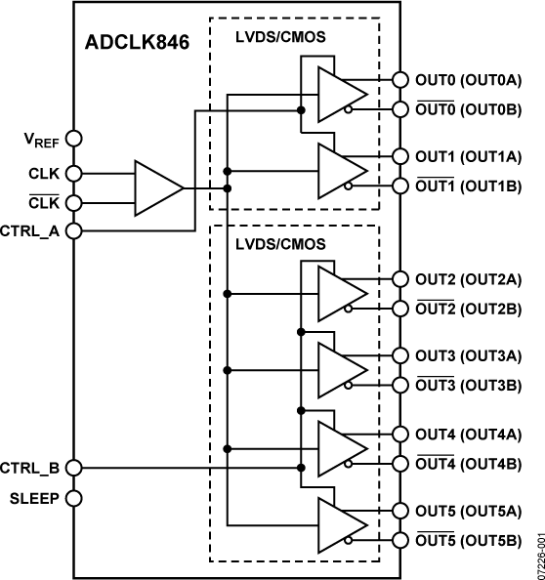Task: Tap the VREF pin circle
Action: [73, 141]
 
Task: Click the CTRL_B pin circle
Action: [73, 468]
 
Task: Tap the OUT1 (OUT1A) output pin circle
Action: [399, 156]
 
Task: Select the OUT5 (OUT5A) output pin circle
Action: [399, 510]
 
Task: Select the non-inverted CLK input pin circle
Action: [73, 174]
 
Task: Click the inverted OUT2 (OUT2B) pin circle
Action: [399, 309]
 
